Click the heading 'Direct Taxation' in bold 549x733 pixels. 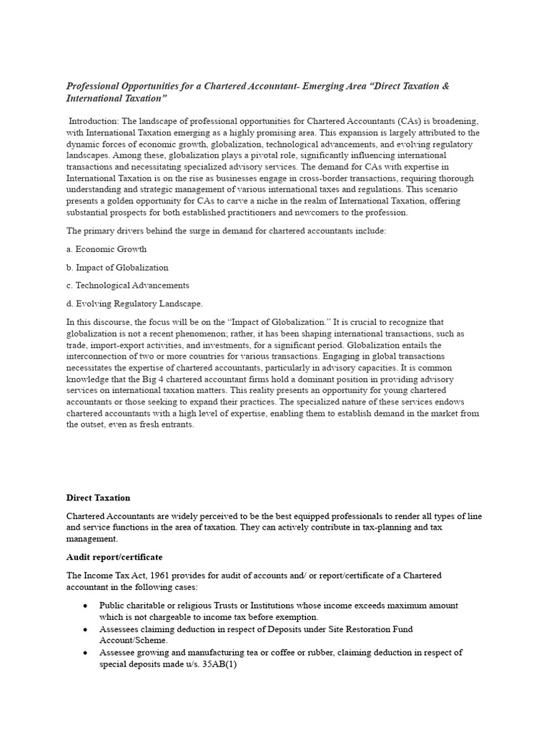coord(98,497)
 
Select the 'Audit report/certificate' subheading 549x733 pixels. coord(114,556)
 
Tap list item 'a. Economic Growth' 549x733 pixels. coord(107,249)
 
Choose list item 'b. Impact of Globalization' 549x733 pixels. coord(117,267)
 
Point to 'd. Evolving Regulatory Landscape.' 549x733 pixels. coord(134,304)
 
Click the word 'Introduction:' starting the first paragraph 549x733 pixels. coord(94,122)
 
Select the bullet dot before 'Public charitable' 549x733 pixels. coord(85,606)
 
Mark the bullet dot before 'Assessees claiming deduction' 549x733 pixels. coord(85,629)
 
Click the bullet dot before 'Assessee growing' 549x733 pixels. coord(85,653)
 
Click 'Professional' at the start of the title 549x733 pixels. coord(94,86)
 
